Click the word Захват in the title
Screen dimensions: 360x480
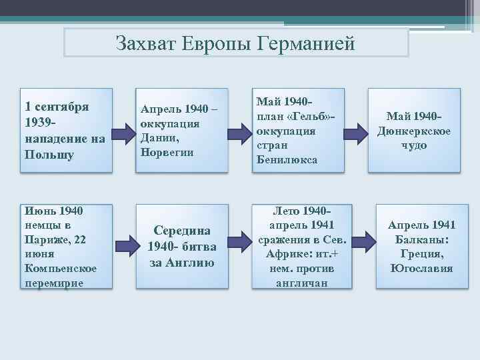(143, 43)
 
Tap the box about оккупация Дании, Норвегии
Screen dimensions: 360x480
(181, 131)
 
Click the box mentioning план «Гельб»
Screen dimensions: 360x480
(297, 131)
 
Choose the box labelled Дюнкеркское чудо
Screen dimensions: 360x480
(414, 131)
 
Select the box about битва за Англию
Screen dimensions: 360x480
(181, 247)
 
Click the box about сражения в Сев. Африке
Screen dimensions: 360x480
(297, 247)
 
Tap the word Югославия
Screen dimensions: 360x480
(421, 269)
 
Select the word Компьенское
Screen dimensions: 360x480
(61, 268)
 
